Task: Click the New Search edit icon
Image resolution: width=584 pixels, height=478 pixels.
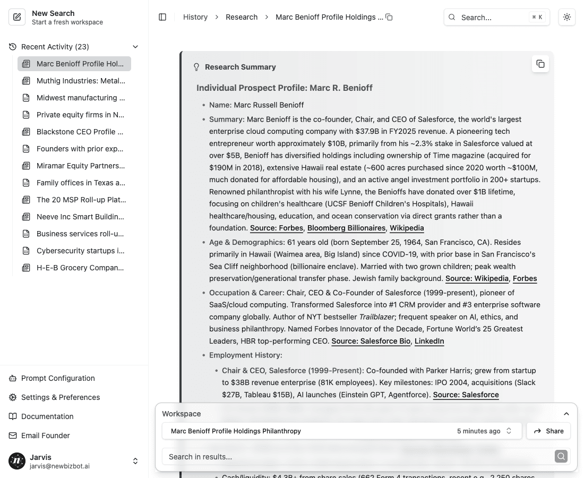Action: tap(17, 18)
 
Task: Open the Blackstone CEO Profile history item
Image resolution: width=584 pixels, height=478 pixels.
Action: tap(80, 132)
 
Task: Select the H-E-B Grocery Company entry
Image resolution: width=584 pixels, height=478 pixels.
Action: tap(80, 268)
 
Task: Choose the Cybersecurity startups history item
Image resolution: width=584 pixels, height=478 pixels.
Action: tap(80, 251)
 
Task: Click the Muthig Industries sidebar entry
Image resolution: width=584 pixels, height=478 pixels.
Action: tap(80, 81)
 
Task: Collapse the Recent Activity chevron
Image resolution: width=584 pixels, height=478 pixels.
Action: tap(135, 47)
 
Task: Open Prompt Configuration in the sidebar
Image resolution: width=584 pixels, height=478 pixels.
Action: tap(58, 378)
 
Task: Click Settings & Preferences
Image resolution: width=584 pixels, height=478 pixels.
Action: tap(60, 397)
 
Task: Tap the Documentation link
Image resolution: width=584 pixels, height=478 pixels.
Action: tap(47, 416)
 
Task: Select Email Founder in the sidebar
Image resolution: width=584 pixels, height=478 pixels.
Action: tap(45, 436)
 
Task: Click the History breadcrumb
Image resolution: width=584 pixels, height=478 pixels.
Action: tap(195, 17)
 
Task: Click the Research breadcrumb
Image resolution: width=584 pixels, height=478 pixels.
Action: tap(242, 17)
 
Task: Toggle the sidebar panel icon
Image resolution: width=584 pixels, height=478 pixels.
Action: tap(162, 17)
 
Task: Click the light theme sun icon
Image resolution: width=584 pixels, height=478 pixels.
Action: tap(567, 17)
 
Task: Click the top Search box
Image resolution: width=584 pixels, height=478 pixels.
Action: tap(496, 17)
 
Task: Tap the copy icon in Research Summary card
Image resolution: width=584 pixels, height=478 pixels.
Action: tap(540, 64)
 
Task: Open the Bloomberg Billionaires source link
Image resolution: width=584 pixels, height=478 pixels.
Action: tap(346, 228)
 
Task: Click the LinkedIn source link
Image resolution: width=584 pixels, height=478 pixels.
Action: tap(429, 341)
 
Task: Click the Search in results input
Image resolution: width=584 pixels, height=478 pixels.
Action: tap(358, 457)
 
